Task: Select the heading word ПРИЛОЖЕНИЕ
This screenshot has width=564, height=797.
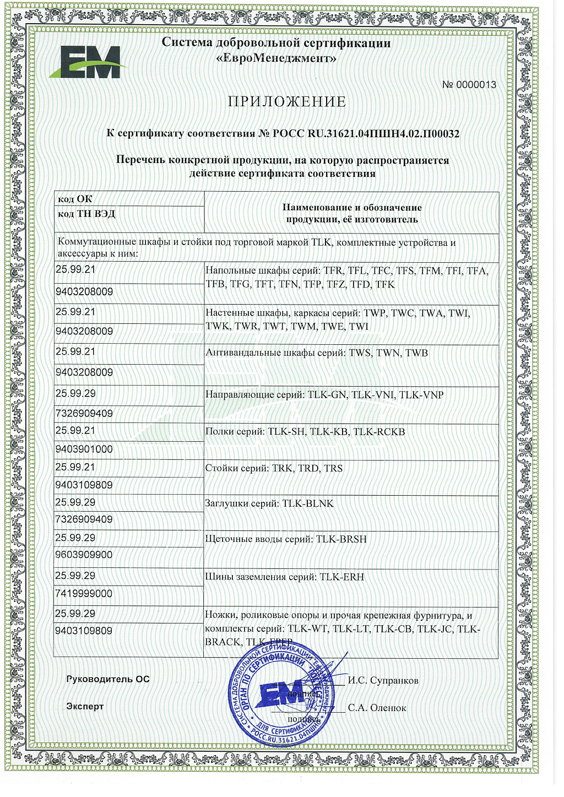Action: click(x=287, y=102)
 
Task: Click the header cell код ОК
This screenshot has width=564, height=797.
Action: click(x=75, y=199)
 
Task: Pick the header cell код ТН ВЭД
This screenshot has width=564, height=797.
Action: click(x=86, y=214)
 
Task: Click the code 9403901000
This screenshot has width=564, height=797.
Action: click(x=84, y=449)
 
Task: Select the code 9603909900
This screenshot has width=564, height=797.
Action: click(x=84, y=555)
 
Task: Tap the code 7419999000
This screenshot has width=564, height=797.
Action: click(x=84, y=594)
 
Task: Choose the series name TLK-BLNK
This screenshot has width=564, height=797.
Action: click(x=308, y=503)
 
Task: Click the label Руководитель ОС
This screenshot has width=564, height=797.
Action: click(x=108, y=679)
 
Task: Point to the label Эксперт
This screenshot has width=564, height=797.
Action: click(x=85, y=706)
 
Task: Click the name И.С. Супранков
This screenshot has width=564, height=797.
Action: click(x=383, y=681)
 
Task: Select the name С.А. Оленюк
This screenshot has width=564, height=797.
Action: click(x=377, y=708)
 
